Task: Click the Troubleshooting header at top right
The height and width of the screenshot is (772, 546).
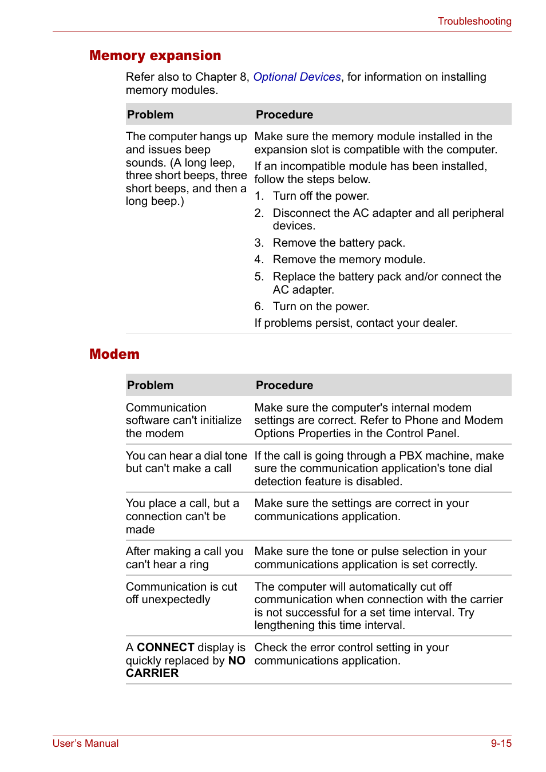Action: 474,21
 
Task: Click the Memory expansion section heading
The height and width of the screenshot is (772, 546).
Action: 155,56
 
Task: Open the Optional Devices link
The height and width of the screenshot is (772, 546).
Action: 296,77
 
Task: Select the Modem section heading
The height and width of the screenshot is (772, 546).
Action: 114,354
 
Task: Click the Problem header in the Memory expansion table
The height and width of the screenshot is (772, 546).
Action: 150,114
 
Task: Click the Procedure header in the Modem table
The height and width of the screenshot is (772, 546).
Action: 284,385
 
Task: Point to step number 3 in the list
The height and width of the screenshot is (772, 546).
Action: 259,243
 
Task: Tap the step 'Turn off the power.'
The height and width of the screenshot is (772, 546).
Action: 321,196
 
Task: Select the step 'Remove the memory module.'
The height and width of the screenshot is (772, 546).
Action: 349,259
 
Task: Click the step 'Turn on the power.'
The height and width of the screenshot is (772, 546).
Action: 321,306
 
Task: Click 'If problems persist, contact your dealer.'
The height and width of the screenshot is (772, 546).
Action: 355,323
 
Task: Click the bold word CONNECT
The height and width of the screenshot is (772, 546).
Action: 165,647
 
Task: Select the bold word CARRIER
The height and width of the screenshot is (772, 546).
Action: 152,673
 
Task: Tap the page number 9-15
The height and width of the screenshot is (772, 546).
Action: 501,743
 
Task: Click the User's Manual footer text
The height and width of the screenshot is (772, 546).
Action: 86,743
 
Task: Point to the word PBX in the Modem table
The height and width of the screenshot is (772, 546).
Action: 411,456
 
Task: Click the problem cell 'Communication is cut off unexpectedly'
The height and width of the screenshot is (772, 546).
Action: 181,593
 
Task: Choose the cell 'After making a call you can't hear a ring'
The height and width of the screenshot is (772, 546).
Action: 184,557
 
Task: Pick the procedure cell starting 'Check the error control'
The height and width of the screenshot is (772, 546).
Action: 351,654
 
